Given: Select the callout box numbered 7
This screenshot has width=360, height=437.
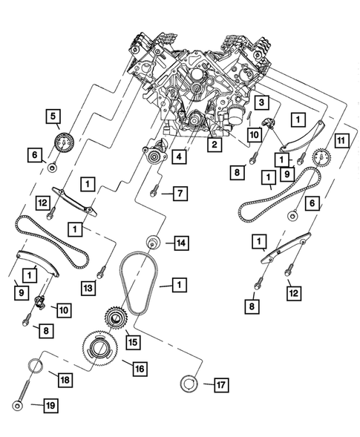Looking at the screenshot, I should tap(179, 193).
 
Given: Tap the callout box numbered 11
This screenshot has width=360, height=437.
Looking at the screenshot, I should tap(341, 139).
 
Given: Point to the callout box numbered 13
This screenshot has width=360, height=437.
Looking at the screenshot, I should tap(88, 288).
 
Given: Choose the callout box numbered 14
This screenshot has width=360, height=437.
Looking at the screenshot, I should tap(180, 242).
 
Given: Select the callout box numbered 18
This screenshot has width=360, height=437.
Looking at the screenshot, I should tap(65, 380).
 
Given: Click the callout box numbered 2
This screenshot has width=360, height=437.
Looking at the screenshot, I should tap(214, 145).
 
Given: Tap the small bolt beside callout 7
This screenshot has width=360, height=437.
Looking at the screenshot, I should tap(153, 192).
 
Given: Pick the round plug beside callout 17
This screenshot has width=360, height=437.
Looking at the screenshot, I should tap(189, 384).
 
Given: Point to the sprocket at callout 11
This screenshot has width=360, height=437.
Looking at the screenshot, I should tap(321, 158).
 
